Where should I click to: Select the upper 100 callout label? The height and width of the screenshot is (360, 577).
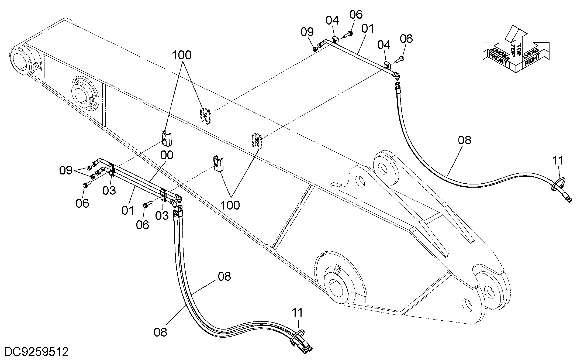182,55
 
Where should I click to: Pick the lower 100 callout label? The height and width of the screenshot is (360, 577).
230,205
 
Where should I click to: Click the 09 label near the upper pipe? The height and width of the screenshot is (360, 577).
307,32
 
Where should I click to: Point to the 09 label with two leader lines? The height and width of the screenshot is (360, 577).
66,170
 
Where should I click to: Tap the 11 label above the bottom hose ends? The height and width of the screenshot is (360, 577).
297,313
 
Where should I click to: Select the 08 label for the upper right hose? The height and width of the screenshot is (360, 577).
465,140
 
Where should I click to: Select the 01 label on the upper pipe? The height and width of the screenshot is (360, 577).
368,28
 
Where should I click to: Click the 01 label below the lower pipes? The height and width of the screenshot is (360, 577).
128,210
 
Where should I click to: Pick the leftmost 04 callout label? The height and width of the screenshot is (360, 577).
332,20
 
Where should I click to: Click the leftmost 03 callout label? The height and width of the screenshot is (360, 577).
109,191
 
